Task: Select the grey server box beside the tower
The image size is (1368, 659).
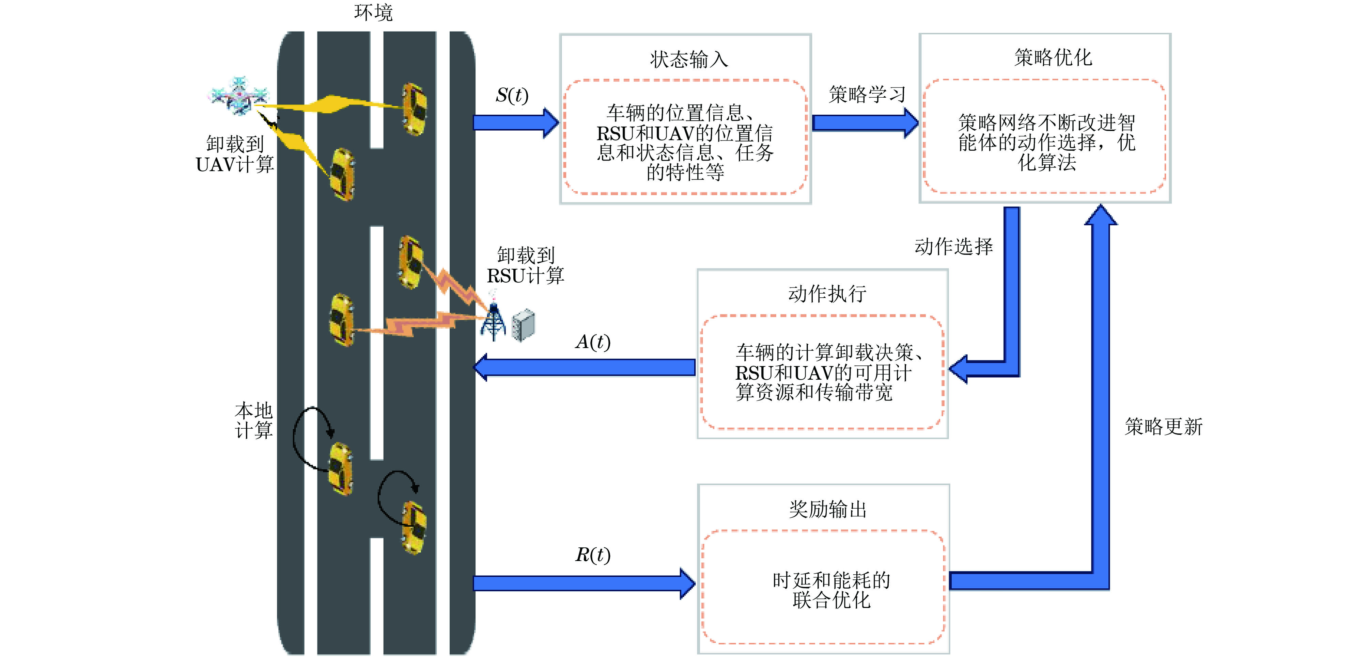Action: (x=524, y=324)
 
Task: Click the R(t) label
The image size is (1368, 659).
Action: (x=593, y=555)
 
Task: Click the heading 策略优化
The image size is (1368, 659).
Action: (x=1053, y=57)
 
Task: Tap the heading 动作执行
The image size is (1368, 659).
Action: (x=827, y=293)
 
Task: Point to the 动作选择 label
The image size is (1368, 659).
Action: (x=953, y=247)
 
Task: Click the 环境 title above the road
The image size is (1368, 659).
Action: (x=373, y=13)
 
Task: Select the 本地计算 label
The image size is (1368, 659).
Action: (x=254, y=420)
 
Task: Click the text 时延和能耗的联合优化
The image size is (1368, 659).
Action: (x=831, y=590)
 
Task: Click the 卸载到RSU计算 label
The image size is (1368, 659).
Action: (x=525, y=265)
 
